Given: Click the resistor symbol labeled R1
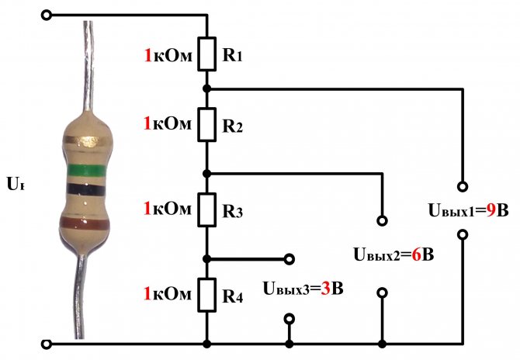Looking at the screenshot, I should (x=207, y=54).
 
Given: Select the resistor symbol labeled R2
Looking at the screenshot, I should (x=207, y=124).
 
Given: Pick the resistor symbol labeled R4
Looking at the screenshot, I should (x=207, y=295).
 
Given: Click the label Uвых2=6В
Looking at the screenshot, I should (x=393, y=254).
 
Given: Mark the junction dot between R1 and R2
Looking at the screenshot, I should (x=207, y=88).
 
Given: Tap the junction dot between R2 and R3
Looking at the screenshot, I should (x=207, y=172).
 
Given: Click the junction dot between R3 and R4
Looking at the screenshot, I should (x=207, y=258).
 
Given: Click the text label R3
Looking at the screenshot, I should (x=232, y=210).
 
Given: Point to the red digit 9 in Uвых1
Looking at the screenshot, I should (x=491, y=210).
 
